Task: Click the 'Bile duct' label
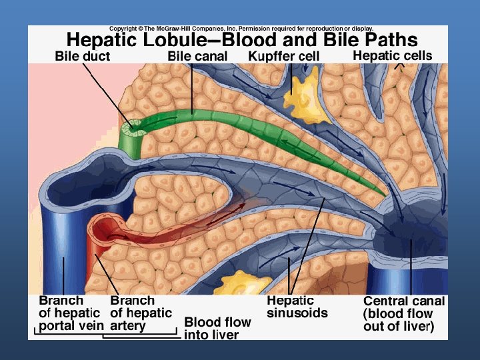(x=83, y=57)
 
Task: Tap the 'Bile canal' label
(x=197, y=57)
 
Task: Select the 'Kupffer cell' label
(x=284, y=57)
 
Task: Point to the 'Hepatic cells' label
(x=392, y=56)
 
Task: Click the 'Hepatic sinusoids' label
(x=297, y=307)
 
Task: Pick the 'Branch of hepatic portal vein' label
(x=69, y=313)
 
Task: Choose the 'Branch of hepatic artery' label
(x=141, y=313)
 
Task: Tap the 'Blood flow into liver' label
(x=217, y=328)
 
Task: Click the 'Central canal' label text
(x=403, y=301)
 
